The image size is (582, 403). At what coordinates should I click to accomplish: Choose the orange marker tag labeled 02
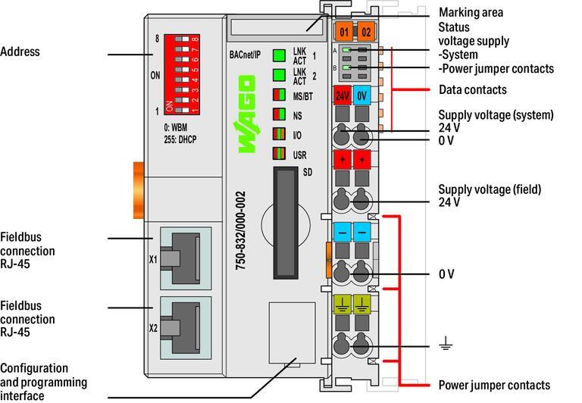(365, 32)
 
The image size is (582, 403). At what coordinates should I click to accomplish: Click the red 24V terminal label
(343, 96)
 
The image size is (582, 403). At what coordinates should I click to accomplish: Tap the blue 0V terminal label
(362, 96)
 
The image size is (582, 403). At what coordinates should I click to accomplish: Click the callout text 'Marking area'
(471, 13)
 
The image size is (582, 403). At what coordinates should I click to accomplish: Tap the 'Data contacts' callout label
(471, 89)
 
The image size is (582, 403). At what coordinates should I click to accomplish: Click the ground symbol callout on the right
(446, 346)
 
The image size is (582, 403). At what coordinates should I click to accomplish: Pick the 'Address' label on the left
(20, 52)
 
